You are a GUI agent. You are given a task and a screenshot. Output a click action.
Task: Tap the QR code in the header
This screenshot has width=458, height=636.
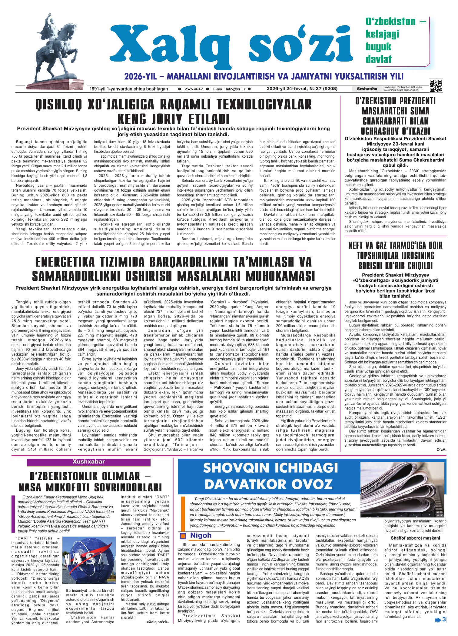coord(436,85)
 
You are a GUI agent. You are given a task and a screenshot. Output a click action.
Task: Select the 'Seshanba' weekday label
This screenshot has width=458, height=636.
coord(367,89)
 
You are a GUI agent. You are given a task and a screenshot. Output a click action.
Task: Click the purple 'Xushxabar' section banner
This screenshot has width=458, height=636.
coord(88,462)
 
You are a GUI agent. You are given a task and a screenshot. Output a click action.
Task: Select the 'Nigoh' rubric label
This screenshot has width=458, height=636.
coord(200,535)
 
